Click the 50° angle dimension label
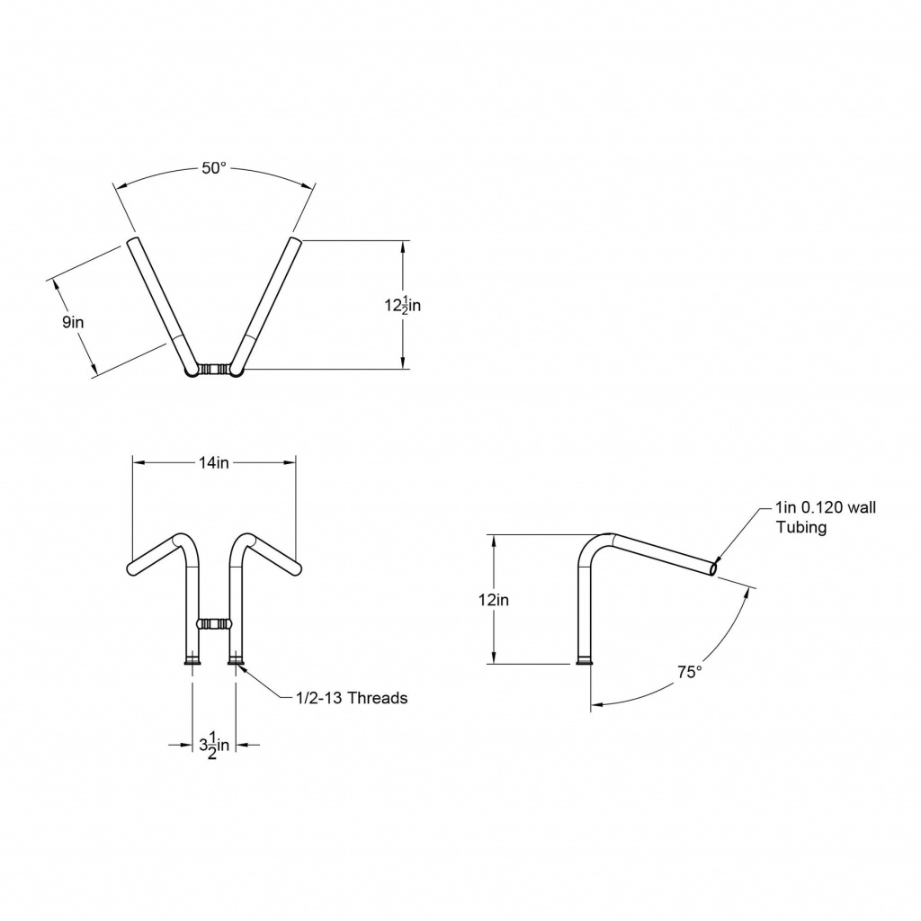[213, 168]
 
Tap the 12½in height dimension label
[402, 305]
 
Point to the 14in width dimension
[214, 462]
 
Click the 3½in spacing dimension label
[213, 745]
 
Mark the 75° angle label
[689, 671]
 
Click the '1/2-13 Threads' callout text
[352, 697]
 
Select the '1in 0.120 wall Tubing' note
[825, 517]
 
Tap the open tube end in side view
[713, 568]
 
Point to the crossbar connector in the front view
[214, 622]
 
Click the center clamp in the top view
[214, 369]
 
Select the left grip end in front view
[132, 568]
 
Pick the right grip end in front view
[297, 568]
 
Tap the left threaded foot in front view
[192, 662]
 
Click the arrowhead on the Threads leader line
[242, 666]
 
